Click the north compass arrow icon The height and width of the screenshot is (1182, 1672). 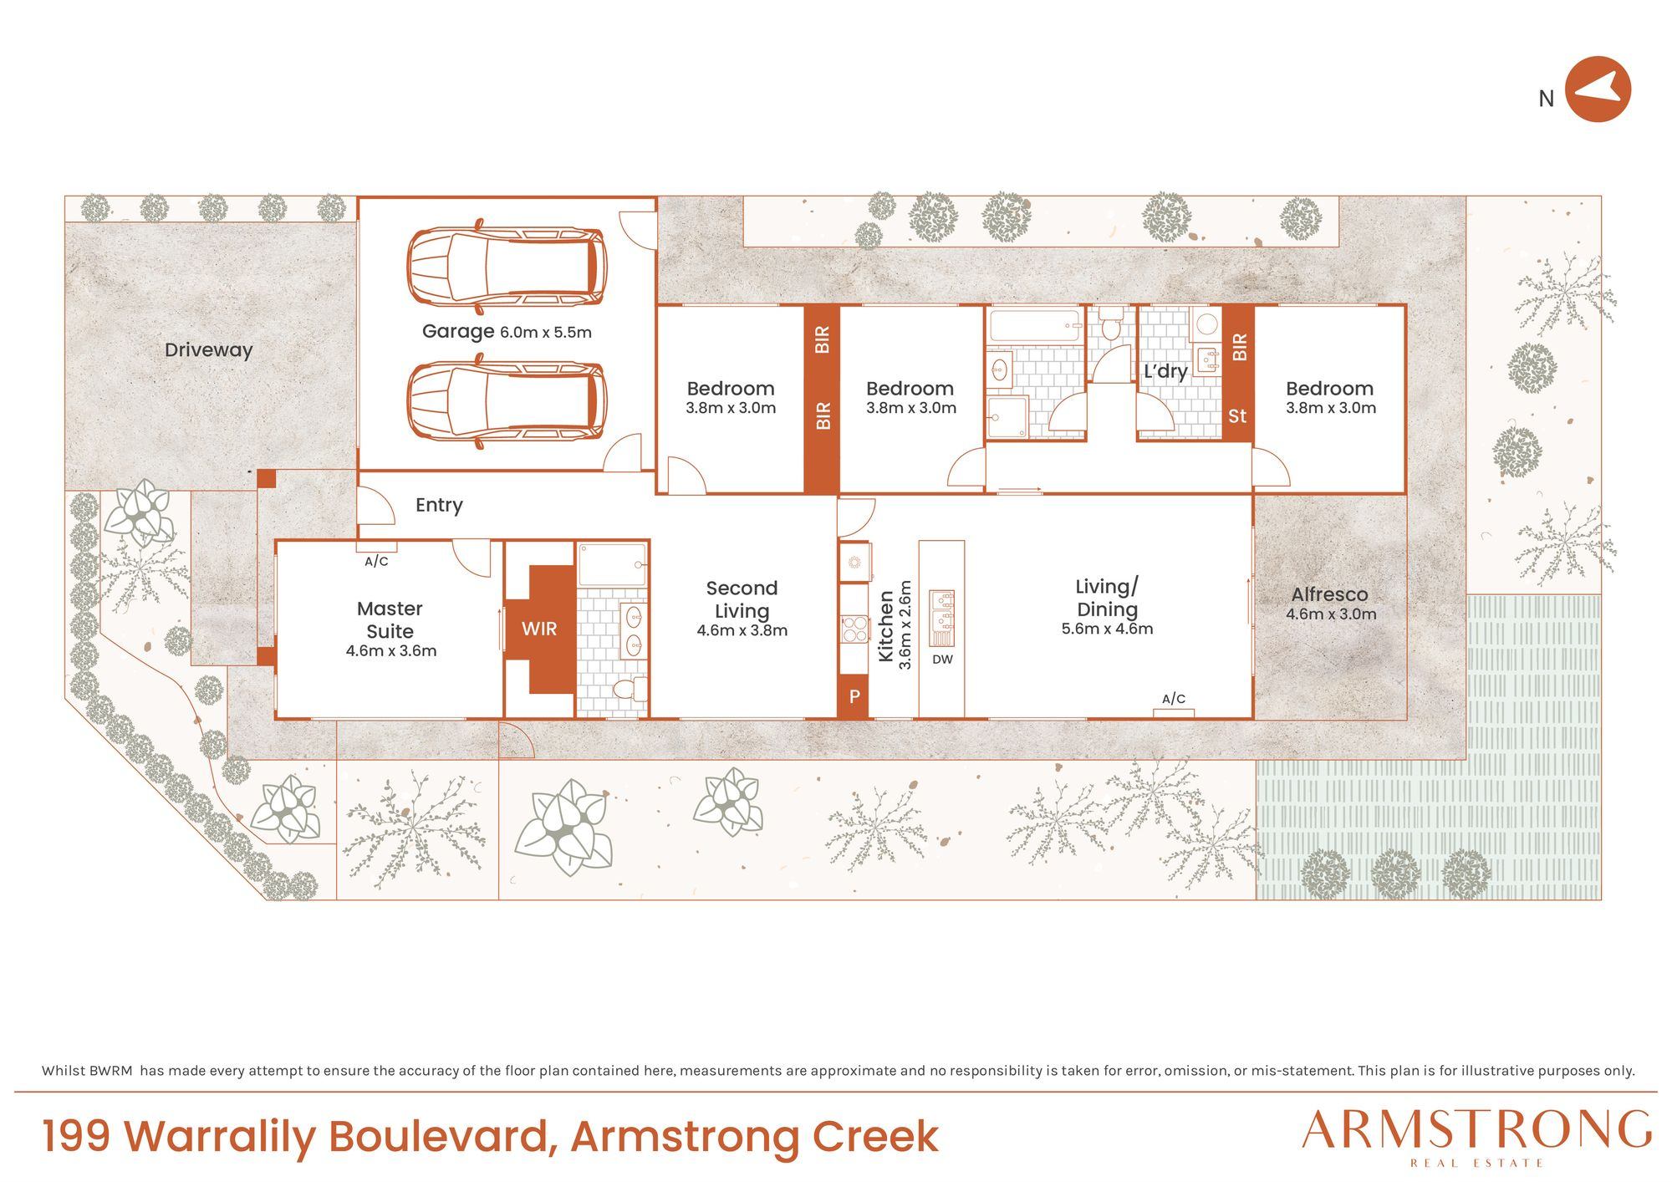coord(1598,89)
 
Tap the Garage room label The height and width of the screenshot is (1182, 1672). coord(458,331)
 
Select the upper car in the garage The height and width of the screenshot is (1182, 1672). coord(507,267)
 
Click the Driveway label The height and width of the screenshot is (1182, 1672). coord(208,350)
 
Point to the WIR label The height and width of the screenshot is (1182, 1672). coord(539,629)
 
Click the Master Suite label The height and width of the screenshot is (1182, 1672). coord(390,619)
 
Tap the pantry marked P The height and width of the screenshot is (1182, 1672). coord(854,696)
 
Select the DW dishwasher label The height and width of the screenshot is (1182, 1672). coord(942,660)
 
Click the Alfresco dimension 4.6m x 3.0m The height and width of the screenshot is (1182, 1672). coord(1331,614)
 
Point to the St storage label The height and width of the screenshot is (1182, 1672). coord(1237,416)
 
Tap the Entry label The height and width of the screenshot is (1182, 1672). coord(439,505)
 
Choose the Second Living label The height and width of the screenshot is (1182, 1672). coord(742,599)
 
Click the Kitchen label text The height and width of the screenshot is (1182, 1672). coord(886,626)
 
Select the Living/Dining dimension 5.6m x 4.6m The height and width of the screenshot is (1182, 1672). coord(1107,629)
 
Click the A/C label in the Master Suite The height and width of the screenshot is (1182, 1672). coord(376,562)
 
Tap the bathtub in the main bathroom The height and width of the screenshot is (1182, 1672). coord(1035,325)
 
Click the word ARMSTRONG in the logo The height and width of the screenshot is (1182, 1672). coord(1477,1130)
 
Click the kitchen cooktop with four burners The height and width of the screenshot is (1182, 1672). coord(854,629)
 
